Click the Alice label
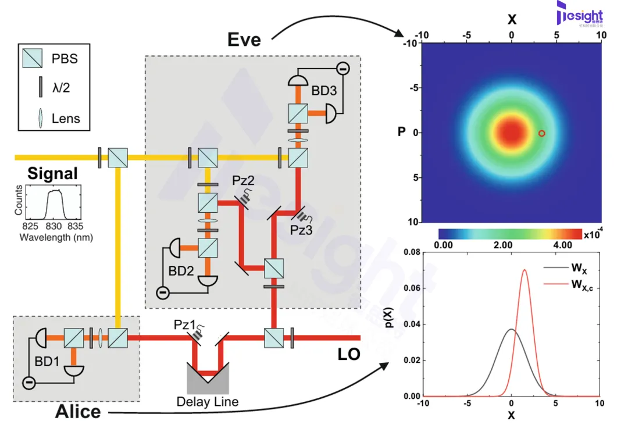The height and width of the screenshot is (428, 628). click(78, 412)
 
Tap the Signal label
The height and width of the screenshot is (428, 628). click(52, 173)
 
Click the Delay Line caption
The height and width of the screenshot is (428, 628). click(208, 402)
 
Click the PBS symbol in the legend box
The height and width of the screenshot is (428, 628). click(32, 59)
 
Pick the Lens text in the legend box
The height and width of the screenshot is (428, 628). click(65, 119)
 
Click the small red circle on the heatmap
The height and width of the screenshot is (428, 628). click(541, 133)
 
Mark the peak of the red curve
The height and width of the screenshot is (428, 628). click(525, 270)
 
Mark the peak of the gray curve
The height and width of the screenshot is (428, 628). click(512, 330)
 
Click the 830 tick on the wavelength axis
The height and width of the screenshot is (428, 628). click(53, 226)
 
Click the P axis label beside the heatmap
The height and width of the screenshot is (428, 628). click(401, 132)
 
